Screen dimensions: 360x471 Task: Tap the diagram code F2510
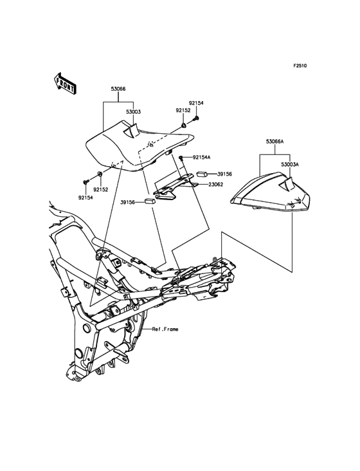(x=300, y=66)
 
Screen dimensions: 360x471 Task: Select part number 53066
(x=118, y=89)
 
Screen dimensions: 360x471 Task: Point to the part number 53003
(x=133, y=112)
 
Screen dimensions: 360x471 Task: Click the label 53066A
(x=274, y=141)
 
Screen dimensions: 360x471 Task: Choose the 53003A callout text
(x=290, y=164)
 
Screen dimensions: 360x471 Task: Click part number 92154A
(x=201, y=157)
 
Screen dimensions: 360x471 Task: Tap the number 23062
(x=216, y=185)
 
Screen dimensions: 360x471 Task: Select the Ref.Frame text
(x=165, y=329)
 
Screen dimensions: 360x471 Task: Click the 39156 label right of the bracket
(x=225, y=174)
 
